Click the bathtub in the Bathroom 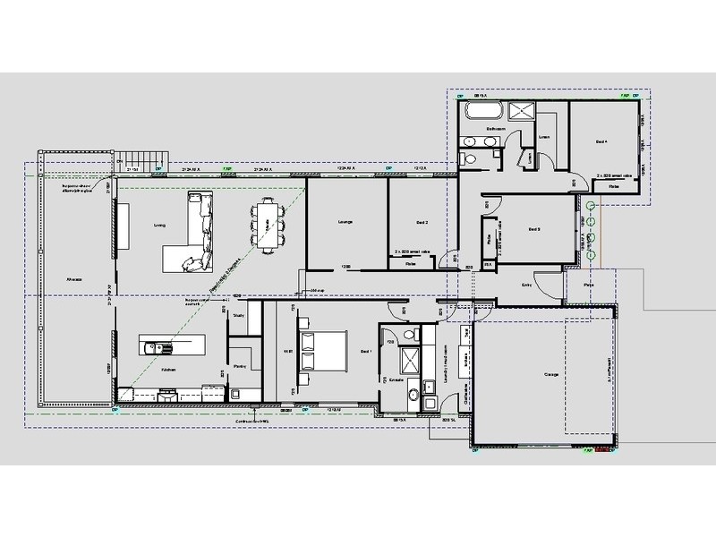483,111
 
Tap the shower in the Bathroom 520,111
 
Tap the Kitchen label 167,369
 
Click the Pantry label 239,367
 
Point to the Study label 238,316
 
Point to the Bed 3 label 534,228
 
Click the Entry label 527,286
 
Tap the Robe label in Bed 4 614,186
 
